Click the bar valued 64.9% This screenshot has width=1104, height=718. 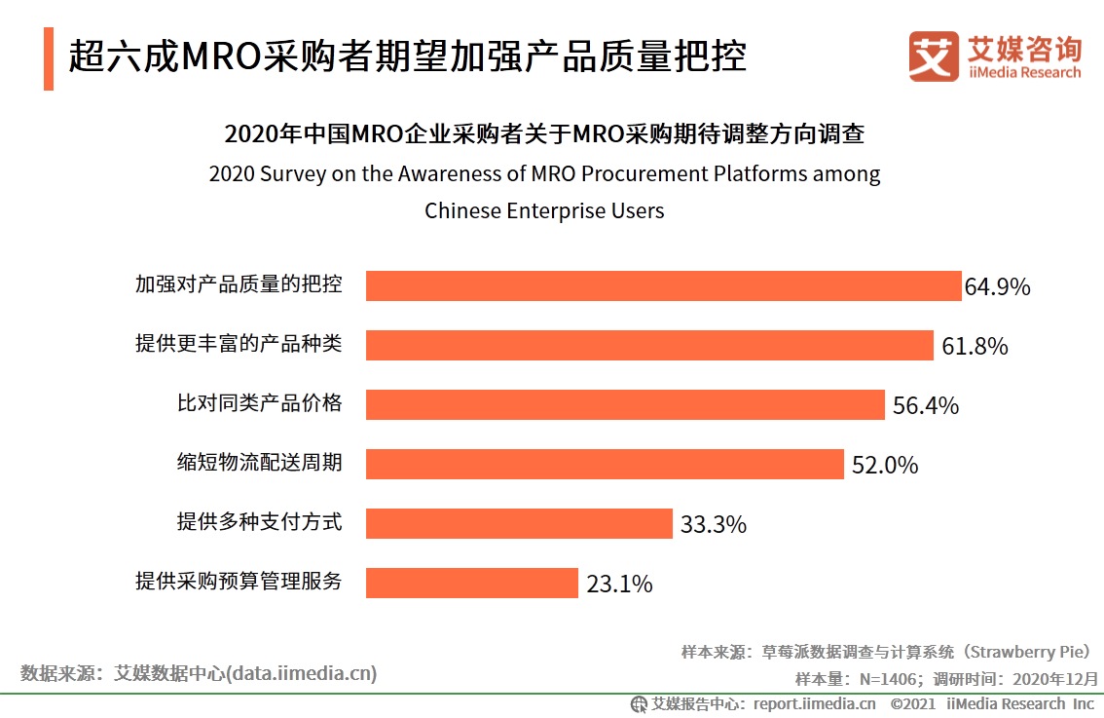[x=663, y=285]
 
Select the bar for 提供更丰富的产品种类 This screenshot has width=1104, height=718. [x=649, y=345]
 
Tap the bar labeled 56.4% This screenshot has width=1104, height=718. [x=625, y=404]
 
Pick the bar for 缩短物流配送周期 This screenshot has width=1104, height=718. [x=605, y=464]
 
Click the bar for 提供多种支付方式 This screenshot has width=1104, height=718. [x=519, y=523]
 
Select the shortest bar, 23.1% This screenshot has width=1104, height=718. [x=472, y=583]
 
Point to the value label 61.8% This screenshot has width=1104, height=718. [x=975, y=346]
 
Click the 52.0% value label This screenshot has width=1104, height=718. [x=885, y=465]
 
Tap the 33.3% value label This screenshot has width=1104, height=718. [x=714, y=524]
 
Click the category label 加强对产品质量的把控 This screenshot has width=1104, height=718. [x=239, y=285]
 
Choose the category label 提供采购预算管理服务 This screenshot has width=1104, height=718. [x=239, y=583]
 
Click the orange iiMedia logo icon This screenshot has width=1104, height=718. [x=934, y=56]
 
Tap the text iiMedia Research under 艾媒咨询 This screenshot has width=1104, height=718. [x=1024, y=73]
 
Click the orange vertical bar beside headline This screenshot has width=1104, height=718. [x=49, y=59]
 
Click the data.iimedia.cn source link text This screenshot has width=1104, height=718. [x=303, y=672]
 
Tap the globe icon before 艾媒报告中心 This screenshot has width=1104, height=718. [x=639, y=703]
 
